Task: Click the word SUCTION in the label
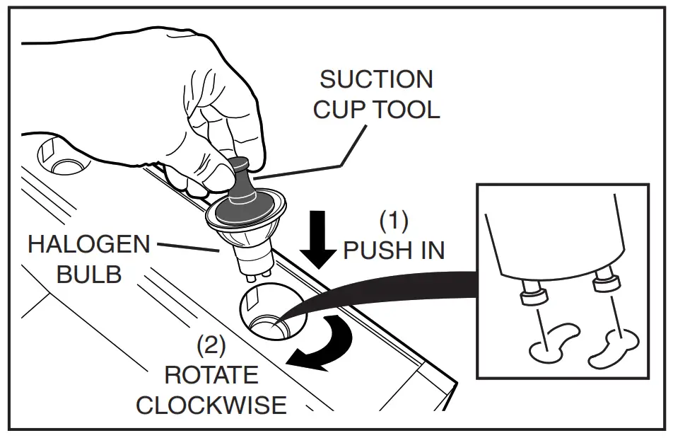click(376, 79)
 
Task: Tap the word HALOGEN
click(89, 245)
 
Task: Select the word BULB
click(89, 275)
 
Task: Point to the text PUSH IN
click(393, 250)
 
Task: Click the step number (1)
click(394, 221)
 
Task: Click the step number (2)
click(211, 346)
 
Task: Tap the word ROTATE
click(211, 375)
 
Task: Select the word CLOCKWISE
click(211, 405)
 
